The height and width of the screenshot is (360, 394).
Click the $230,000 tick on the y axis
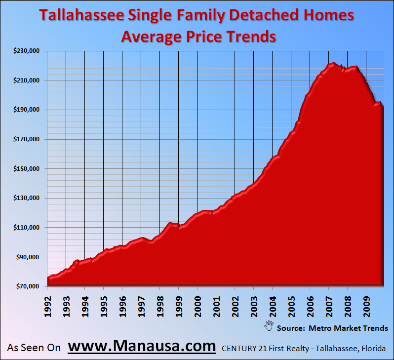point(26,51)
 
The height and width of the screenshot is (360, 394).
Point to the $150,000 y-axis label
point(26,169)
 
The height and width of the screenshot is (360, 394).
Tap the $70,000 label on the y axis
point(28,286)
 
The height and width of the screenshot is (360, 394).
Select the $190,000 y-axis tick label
point(26,110)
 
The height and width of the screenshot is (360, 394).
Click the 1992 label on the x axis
point(47,306)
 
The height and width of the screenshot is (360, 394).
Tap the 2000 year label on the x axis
point(197,306)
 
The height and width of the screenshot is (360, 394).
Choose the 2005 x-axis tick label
point(291,306)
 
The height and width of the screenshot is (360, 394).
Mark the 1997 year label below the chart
point(141,306)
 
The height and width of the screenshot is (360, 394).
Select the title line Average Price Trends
point(197,37)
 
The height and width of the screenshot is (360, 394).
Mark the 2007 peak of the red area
point(334,63)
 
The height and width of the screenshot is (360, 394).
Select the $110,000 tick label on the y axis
point(26,228)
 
